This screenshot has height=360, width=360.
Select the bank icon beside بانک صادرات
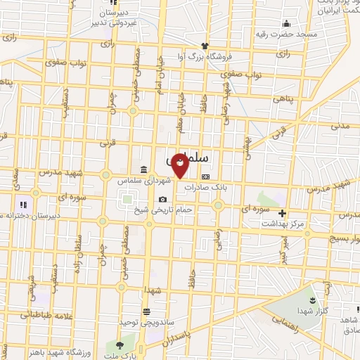[x=205, y=176]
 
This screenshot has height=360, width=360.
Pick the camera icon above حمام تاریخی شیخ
[x=163, y=200]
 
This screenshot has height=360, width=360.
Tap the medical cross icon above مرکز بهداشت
[x=283, y=212]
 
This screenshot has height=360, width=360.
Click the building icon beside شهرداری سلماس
[x=143, y=169]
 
